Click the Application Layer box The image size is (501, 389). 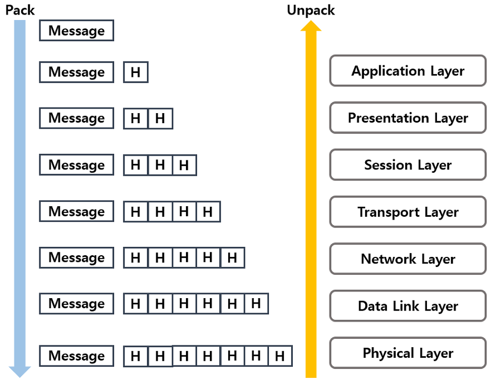coord(407,71)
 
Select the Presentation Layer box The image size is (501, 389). coord(407,118)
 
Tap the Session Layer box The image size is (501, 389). coord(407,165)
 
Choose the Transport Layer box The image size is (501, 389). coord(407,212)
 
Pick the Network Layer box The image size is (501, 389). coord(407,259)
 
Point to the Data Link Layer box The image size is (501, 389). coord(407,306)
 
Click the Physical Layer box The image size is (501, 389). coord(407,353)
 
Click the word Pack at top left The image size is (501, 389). coord(20,10)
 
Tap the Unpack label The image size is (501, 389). coord(311,10)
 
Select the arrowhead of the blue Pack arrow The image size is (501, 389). coord(19,371)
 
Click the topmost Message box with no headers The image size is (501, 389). coord(76,31)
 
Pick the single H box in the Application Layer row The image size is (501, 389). coord(135,72)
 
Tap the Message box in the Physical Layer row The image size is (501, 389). coord(76,356)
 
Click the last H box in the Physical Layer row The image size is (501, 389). coord(280,356)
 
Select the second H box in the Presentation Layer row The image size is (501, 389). coord(160,119)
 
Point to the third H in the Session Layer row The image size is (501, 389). coord(184,166)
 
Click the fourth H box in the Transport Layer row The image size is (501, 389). coord(208,212)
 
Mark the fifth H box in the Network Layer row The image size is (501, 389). coord(232,258)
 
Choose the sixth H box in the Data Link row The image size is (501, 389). coord(256,304)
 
